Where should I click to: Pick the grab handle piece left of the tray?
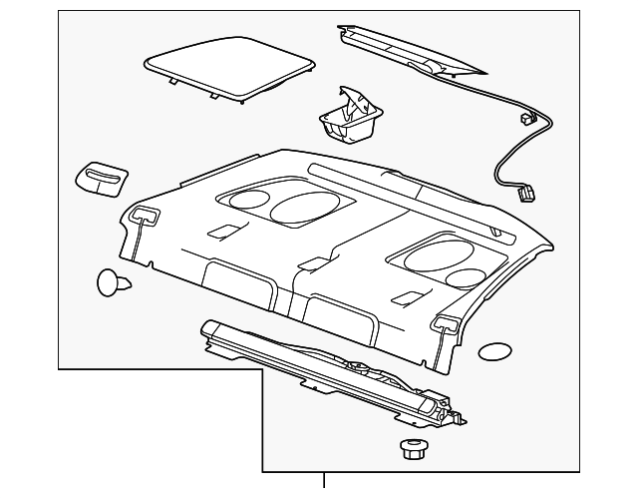click(x=101, y=176)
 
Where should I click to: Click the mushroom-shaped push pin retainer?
click(x=113, y=282)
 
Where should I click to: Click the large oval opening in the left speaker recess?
click(x=301, y=207)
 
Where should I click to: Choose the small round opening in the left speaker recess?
click(x=243, y=200)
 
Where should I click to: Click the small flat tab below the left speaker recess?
click(x=227, y=231)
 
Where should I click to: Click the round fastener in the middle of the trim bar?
click(x=356, y=368)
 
